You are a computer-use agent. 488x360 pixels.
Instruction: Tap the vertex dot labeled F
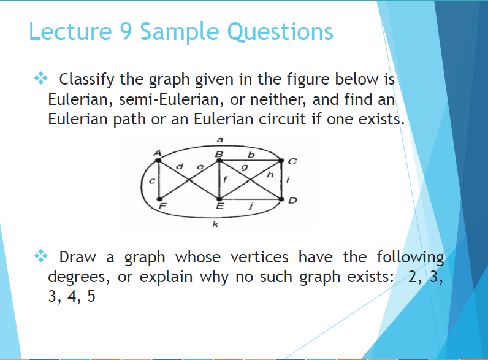coord(159,200)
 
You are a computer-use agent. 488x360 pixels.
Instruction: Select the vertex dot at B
coord(219,160)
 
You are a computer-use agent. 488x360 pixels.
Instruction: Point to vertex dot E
coord(219,200)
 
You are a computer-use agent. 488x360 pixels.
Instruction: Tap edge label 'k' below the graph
coord(214,226)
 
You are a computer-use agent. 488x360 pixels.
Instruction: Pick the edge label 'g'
coord(245,167)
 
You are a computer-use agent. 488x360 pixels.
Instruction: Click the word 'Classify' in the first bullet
coord(85,79)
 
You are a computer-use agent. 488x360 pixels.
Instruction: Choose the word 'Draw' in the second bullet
coord(77,257)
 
